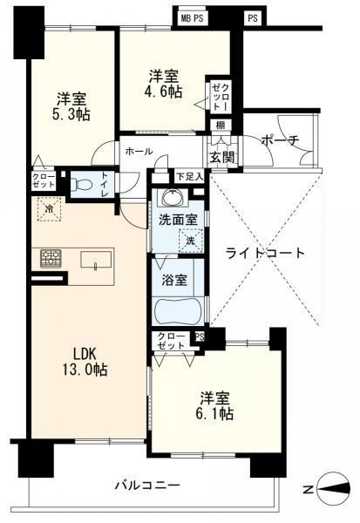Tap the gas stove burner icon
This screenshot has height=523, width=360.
51,259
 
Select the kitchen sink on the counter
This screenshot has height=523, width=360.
96,260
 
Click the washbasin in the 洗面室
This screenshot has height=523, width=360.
173,198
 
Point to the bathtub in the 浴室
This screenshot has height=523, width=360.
178,310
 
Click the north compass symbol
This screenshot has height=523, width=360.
334,489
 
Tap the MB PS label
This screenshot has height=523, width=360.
192,18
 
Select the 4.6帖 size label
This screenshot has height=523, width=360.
165,91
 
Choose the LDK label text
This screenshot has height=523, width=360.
85,353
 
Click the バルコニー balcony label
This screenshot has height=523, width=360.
147,485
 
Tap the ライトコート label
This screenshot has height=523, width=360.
265,253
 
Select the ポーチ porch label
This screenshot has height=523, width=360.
281,140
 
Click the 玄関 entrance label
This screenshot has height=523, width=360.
221,157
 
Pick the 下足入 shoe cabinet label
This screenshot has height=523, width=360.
189,176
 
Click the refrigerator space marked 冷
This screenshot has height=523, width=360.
50,209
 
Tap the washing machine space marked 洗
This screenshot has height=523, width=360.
191,241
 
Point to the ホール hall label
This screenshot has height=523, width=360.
139,152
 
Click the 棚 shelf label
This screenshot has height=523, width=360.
221,126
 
